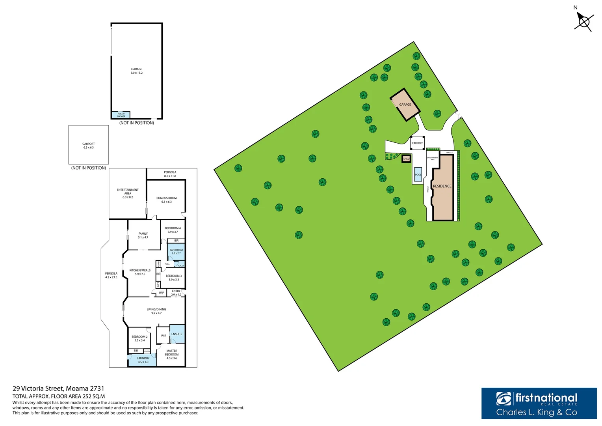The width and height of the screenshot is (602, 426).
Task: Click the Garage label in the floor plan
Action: point(137,71)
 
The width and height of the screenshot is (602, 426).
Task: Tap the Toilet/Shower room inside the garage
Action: point(121,115)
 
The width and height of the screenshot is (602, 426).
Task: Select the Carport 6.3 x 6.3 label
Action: point(89,146)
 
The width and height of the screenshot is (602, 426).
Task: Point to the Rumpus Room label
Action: point(166,200)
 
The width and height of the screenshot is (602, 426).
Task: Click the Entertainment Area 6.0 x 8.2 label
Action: point(128,193)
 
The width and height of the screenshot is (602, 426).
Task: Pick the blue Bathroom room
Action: point(176,252)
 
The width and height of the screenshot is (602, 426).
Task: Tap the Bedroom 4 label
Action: point(173,230)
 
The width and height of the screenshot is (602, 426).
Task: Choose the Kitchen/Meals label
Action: point(140,272)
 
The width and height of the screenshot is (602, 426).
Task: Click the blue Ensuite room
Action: point(177,334)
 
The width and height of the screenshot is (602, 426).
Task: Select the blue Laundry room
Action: point(143,360)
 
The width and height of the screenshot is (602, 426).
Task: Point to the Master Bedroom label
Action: point(172,354)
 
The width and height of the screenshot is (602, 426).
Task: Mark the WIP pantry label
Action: point(162,293)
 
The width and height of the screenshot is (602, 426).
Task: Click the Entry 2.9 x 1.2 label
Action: point(176,293)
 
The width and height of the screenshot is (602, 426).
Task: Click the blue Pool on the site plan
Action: point(418,174)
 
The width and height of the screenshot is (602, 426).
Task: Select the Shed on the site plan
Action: point(406,159)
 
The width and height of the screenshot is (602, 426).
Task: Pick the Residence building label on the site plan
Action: point(442,186)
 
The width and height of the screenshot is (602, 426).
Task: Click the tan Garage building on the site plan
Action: point(405,105)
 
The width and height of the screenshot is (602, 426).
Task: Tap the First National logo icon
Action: point(504,399)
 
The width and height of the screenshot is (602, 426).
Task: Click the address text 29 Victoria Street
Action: point(58,389)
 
